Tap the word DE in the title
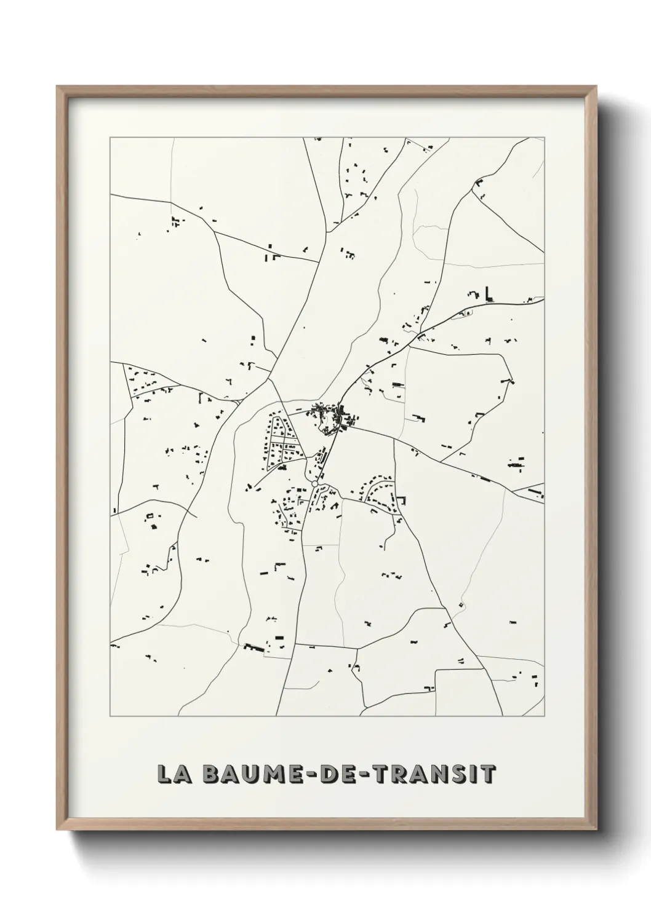click(333, 774)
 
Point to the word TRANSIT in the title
click(433, 774)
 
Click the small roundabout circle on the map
click(315, 485)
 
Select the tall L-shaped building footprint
click(490, 294)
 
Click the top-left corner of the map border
click(110, 138)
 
